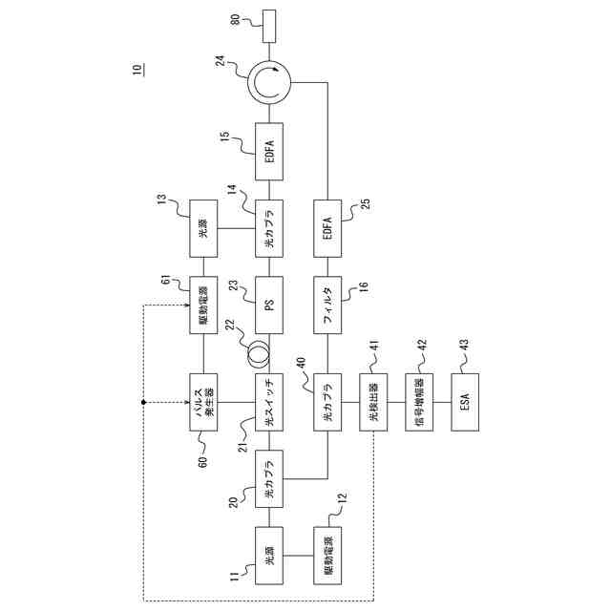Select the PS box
tap(270, 304)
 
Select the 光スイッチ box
tap(270, 404)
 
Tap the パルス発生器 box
tap(203, 404)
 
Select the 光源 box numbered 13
tap(203, 227)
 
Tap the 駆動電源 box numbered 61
tap(203, 304)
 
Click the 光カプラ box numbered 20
tap(270, 478)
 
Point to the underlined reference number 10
tap(137, 70)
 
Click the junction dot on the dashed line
tap(143, 404)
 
